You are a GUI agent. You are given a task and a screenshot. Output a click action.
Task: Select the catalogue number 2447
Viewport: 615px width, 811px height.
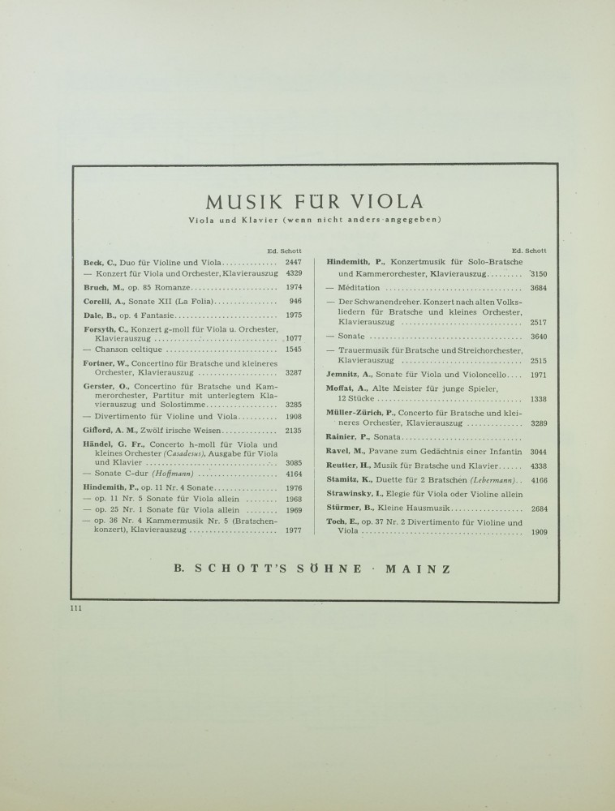294,263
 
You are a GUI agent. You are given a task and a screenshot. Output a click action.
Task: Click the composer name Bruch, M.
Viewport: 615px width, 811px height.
101,287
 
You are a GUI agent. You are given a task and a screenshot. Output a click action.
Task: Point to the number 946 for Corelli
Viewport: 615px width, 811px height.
295,301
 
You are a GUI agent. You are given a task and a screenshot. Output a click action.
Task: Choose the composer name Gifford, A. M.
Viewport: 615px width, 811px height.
105,431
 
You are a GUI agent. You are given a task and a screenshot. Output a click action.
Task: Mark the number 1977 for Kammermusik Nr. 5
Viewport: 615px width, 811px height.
294,530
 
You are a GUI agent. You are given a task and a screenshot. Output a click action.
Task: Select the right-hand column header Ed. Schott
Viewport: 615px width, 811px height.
530,251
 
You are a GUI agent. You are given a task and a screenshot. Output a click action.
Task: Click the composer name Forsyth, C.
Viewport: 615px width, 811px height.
105,328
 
